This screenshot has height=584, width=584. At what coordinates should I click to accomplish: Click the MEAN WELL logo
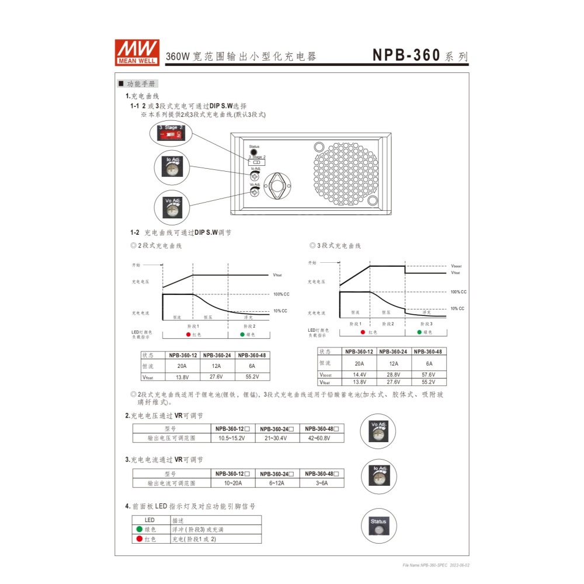137,52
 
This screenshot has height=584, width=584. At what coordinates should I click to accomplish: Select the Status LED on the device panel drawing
254,152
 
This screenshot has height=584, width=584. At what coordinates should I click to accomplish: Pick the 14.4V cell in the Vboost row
359,374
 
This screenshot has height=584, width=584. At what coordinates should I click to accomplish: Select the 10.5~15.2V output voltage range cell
232,437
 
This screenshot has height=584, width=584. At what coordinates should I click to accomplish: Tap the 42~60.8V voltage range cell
321,437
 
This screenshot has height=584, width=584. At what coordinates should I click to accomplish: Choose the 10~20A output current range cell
232,483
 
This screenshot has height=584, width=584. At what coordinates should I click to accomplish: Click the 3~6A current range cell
321,483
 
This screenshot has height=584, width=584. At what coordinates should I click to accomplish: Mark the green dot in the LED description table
140,529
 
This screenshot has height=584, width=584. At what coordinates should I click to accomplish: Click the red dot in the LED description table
140,539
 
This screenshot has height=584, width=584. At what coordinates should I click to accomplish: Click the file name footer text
436,565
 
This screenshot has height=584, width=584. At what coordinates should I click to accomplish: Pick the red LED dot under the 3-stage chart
364,332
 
